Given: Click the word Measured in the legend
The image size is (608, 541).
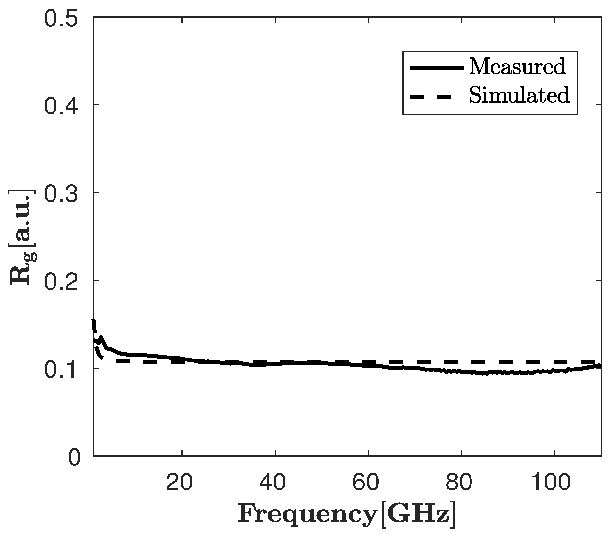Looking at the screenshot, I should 517,67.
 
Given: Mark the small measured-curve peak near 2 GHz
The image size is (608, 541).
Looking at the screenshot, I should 101,338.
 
